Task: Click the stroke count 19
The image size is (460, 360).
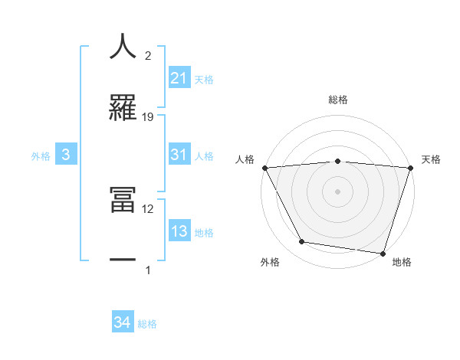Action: [x=148, y=116]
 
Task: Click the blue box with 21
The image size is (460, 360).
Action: [x=179, y=77]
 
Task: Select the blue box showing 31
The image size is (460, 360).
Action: [x=179, y=155]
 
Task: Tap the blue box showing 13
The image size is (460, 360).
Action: [x=179, y=231]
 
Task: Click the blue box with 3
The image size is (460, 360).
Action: [x=66, y=155]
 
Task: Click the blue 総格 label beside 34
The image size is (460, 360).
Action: [x=147, y=324]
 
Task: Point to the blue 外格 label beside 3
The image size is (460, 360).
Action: [x=41, y=156]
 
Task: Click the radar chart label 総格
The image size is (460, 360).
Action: [x=338, y=100]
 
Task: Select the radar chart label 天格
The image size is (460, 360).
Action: [x=432, y=159]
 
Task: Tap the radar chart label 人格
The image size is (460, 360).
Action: [x=245, y=159]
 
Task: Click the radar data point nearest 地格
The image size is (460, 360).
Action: [x=383, y=253]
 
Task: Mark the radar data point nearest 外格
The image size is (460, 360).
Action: [x=302, y=242]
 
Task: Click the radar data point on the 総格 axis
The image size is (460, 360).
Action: [x=338, y=161]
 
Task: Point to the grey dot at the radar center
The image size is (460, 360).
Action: [x=338, y=191]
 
